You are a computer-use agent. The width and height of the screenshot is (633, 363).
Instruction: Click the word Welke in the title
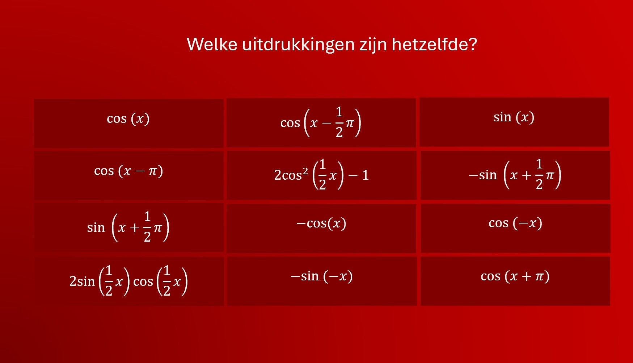coord(212,44)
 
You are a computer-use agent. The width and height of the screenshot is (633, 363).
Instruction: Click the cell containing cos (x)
coord(128,123)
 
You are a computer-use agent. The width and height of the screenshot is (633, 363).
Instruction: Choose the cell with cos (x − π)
coord(128,175)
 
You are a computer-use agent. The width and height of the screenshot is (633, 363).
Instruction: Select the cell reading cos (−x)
coord(515,228)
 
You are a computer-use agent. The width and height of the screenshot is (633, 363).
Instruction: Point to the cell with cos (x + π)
coord(515,281)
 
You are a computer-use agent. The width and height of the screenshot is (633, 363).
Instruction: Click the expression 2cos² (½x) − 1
coord(322,175)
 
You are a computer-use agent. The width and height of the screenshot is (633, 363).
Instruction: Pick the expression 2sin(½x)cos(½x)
coord(128,281)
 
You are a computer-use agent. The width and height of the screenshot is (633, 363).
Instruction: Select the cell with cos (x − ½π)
coord(321,122)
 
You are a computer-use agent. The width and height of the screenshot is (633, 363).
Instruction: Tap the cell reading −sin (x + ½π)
coord(515,175)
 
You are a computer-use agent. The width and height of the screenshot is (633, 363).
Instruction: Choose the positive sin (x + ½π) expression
coord(128,227)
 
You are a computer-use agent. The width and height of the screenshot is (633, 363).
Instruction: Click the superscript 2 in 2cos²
coord(305,170)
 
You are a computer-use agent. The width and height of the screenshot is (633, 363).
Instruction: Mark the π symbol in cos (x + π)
coord(539,277)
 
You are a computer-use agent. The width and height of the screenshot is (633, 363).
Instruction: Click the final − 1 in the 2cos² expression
coord(359,175)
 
